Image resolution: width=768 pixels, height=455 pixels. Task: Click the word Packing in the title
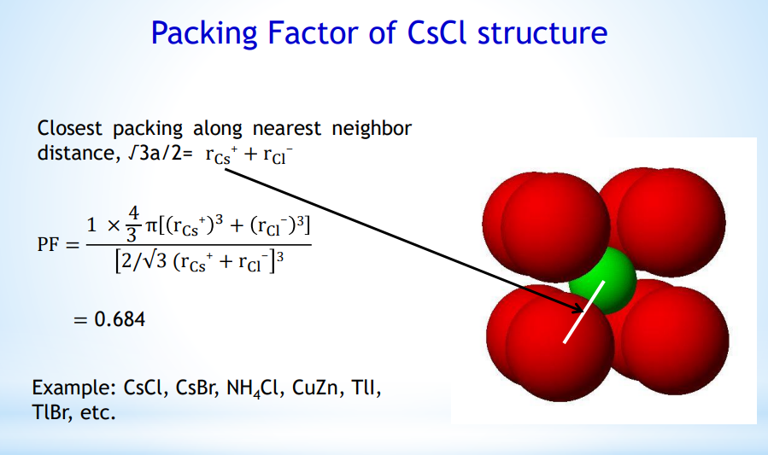[204, 34]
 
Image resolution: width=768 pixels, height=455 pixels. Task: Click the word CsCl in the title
[437, 32]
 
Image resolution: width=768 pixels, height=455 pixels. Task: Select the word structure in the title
[542, 32]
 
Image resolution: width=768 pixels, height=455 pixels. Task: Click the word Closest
[69, 128]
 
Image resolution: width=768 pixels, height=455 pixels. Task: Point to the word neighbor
[372, 129]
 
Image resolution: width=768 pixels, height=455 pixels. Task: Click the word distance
[76, 153]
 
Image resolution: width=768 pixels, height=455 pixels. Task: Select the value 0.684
[120, 319]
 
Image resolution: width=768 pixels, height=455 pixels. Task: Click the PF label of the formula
[48, 244]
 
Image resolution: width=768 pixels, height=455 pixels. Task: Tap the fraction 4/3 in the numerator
[132, 225]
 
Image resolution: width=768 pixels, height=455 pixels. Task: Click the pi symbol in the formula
[150, 226]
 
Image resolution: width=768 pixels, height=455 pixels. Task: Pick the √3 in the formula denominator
[156, 261]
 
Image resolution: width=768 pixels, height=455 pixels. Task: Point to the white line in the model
[583, 312]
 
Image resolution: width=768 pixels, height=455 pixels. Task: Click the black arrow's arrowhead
[577, 306]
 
